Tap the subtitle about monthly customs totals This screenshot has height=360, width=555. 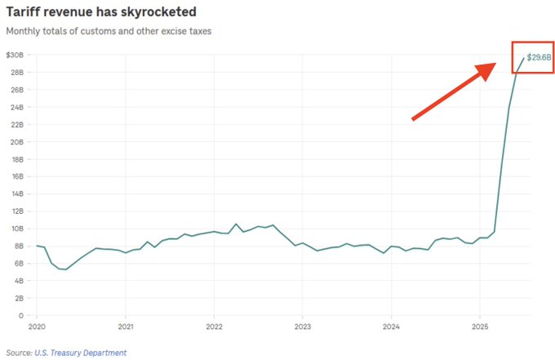pos(108,31)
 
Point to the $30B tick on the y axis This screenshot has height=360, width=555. pos(16,55)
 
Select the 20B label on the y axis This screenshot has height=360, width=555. pos(18,142)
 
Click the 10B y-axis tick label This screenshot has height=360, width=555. pos(18,229)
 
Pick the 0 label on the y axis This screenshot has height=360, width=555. pos(21,316)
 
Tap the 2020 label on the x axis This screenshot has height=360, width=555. pos(37,326)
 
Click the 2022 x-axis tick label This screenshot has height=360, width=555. pos(213,326)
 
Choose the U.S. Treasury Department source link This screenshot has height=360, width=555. pos(81,353)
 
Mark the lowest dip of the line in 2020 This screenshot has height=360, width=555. pos(65,269)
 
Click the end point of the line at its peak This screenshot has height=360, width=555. pos(524,58)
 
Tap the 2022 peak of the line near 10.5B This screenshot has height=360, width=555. pos(236,224)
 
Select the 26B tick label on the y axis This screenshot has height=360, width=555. pos(18,90)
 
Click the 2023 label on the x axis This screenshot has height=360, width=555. pos(302,326)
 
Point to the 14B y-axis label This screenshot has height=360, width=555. pos(18,194)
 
